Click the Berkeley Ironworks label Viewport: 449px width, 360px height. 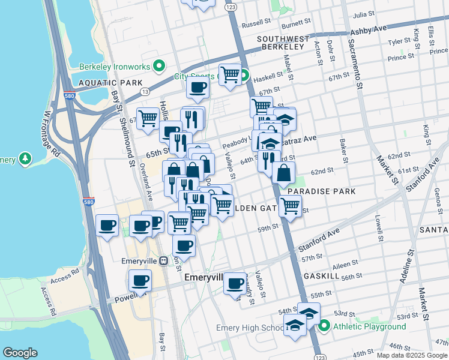[115, 65]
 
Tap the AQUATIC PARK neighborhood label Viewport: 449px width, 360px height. [110, 83]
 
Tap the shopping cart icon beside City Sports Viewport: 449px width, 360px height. [230, 75]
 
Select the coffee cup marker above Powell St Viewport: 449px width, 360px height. [140, 281]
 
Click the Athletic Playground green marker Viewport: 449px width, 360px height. [325, 326]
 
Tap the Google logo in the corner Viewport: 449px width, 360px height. [20, 353]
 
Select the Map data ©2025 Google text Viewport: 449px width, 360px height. [412, 355]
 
